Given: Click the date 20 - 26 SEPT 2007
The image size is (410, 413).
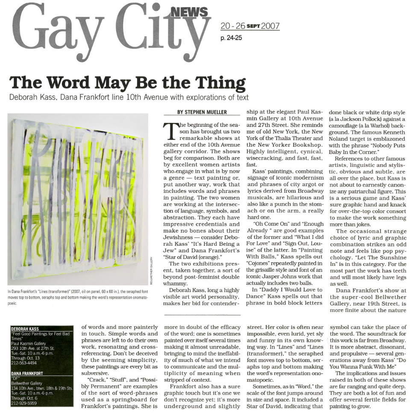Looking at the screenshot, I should tap(250, 26).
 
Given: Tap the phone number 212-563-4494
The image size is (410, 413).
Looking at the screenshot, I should tap(24, 363).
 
